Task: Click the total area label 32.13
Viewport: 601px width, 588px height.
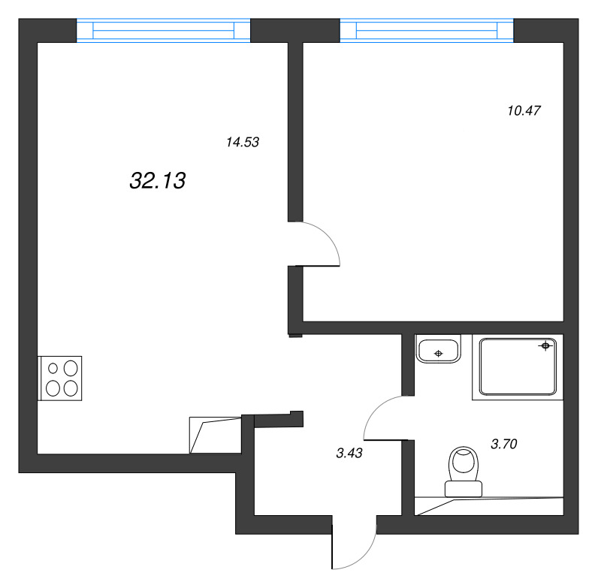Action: click(x=158, y=180)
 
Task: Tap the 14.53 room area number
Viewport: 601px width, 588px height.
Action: click(x=243, y=142)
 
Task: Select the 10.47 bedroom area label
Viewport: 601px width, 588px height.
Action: click(x=524, y=110)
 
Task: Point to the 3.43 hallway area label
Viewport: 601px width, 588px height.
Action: click(x=349, y=453)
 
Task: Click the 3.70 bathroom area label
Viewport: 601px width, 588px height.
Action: click(x=504, y=444)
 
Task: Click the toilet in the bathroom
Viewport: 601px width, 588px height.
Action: click(x=464, y=472)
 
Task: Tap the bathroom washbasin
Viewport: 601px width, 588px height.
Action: click(x=438, y=349)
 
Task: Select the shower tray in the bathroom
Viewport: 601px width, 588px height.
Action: click(x=518, y=366)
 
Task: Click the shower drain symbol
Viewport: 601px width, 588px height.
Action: click(x=545, y=346)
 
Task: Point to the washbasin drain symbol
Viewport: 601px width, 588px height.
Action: click(x=439, y=354)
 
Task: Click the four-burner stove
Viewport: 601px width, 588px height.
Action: click(x=60, y=378)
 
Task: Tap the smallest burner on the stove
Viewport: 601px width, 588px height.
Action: click(x=53, y=368)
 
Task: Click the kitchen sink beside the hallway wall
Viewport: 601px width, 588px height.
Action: click(x=216, y=435)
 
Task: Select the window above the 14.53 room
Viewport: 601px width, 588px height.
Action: click(x=164, y=30)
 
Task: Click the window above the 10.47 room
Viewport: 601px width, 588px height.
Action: click(x=427, y=30)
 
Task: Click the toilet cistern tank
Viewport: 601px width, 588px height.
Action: click(x=464, y=489)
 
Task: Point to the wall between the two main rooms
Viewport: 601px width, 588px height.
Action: click(x=295, y=131)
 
